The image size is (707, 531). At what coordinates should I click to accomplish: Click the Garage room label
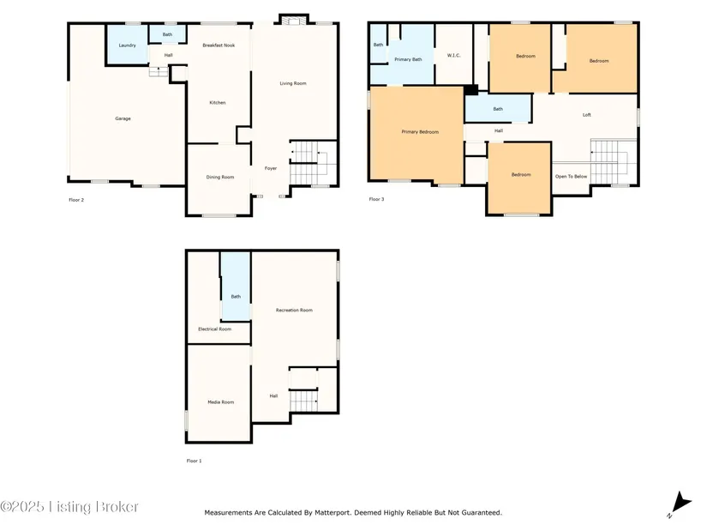pyautogui.click(x=123, y=118)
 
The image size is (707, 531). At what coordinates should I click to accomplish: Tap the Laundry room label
pyautogui.click(x=127, y=45)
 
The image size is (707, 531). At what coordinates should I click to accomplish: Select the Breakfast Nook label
pyautogui.click(x=219, y=45)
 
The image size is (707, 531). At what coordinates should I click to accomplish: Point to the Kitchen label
pyautogui.click(x=218, y=103)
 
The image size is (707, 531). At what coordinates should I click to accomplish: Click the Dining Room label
pyautogui.click(x=220, y=177)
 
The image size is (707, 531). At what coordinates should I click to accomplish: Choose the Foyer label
pyautogui.click(x=271, y=168)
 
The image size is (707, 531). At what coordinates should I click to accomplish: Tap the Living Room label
pyautogui.click(x=293, y=83)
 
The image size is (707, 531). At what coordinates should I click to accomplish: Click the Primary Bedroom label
pyautogui.click(x=420, y=132)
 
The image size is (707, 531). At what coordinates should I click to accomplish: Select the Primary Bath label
pyautogui.click(x=408, y=59)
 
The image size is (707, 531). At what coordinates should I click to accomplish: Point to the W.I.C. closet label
pyautogui.click(x=453, y=56)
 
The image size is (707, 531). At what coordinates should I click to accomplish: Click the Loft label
pyautogui.click(x=587, y=115)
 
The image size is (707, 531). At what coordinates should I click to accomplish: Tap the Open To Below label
pyautogui.click(x=572, y=177)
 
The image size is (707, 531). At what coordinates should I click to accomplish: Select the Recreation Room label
pyautogui.click(x=294, y=311)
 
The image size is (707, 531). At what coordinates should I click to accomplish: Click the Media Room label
pyautogui.click(x=221, y=402)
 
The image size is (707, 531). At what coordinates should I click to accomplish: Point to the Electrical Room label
pyautogui.click(x=214, y=329)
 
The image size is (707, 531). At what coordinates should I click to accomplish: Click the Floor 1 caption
pyautogui.click(x=195, y=461)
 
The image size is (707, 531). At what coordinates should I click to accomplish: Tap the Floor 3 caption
pyautogui.click(x=376, y=199)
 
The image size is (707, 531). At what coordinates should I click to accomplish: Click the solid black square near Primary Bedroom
pyautogui.click(x=471, y=90)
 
